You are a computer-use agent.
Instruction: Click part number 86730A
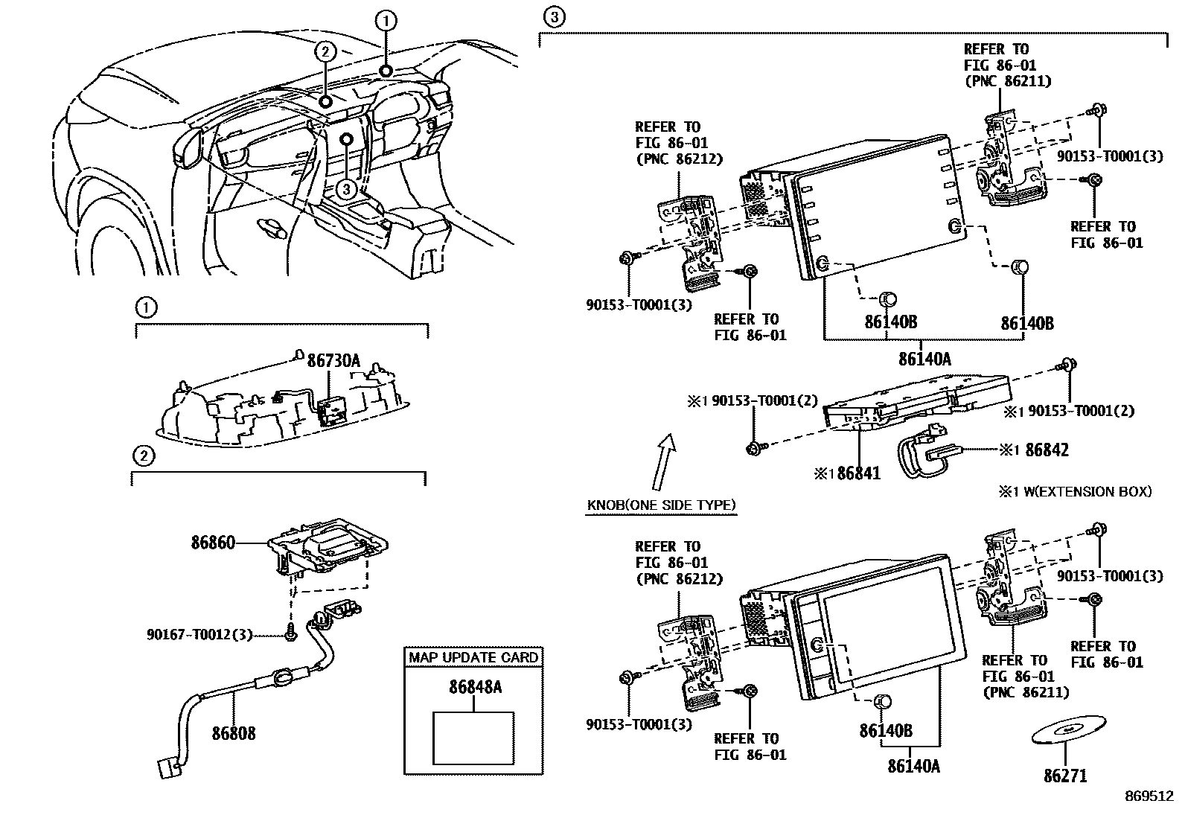(x=333, y=361)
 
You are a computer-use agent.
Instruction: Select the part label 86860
(x=213, y=543)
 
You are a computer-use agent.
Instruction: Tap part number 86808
(x=233, y=733)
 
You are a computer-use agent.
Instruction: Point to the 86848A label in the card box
(x=475, y=687)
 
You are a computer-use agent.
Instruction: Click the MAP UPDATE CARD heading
(x=473, y=657)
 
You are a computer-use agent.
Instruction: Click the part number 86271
(x=1065, y=776)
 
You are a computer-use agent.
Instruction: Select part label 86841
(x=858, y=473)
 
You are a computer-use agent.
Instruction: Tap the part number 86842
(x=1047, y=450)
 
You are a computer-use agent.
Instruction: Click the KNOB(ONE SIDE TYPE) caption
(x=661, y=505)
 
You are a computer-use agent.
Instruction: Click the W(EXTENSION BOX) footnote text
(x=1083, y=491)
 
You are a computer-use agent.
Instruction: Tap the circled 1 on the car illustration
(x=386, y=22)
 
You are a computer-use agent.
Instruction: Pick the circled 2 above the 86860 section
(x=143, y=456)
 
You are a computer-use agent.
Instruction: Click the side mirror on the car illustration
(x=188, y=148)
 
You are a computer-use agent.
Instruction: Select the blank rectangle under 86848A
(x=473, y=738)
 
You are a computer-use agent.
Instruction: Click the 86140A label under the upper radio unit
(x=924, y=359)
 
